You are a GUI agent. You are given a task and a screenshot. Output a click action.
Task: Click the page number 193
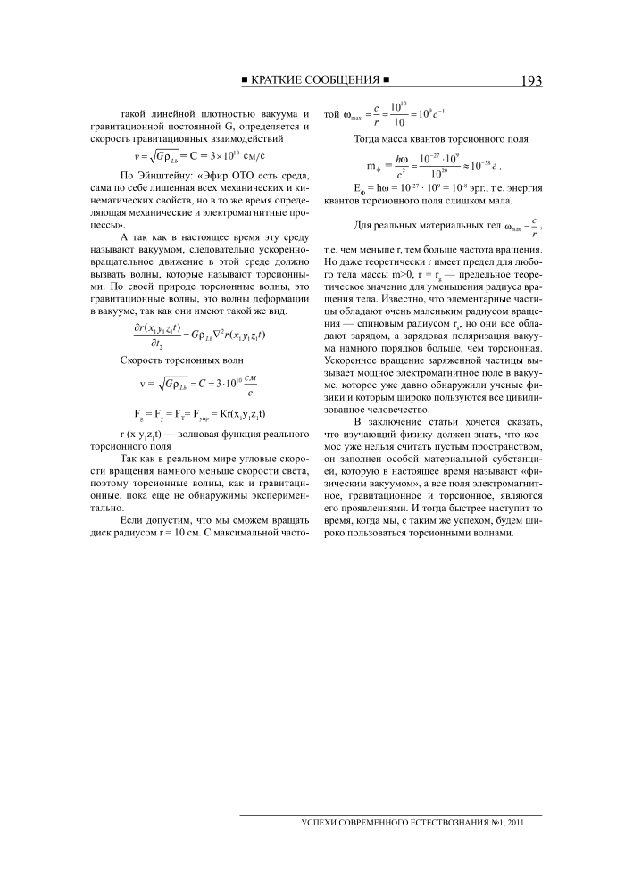coord(529,81)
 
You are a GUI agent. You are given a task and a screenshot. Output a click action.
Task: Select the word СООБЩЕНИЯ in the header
coord(344,81)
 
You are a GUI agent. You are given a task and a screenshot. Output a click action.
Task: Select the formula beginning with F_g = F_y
coord(199,414)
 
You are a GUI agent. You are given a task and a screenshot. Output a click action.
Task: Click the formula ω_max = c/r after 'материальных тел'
coord(525,225)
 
